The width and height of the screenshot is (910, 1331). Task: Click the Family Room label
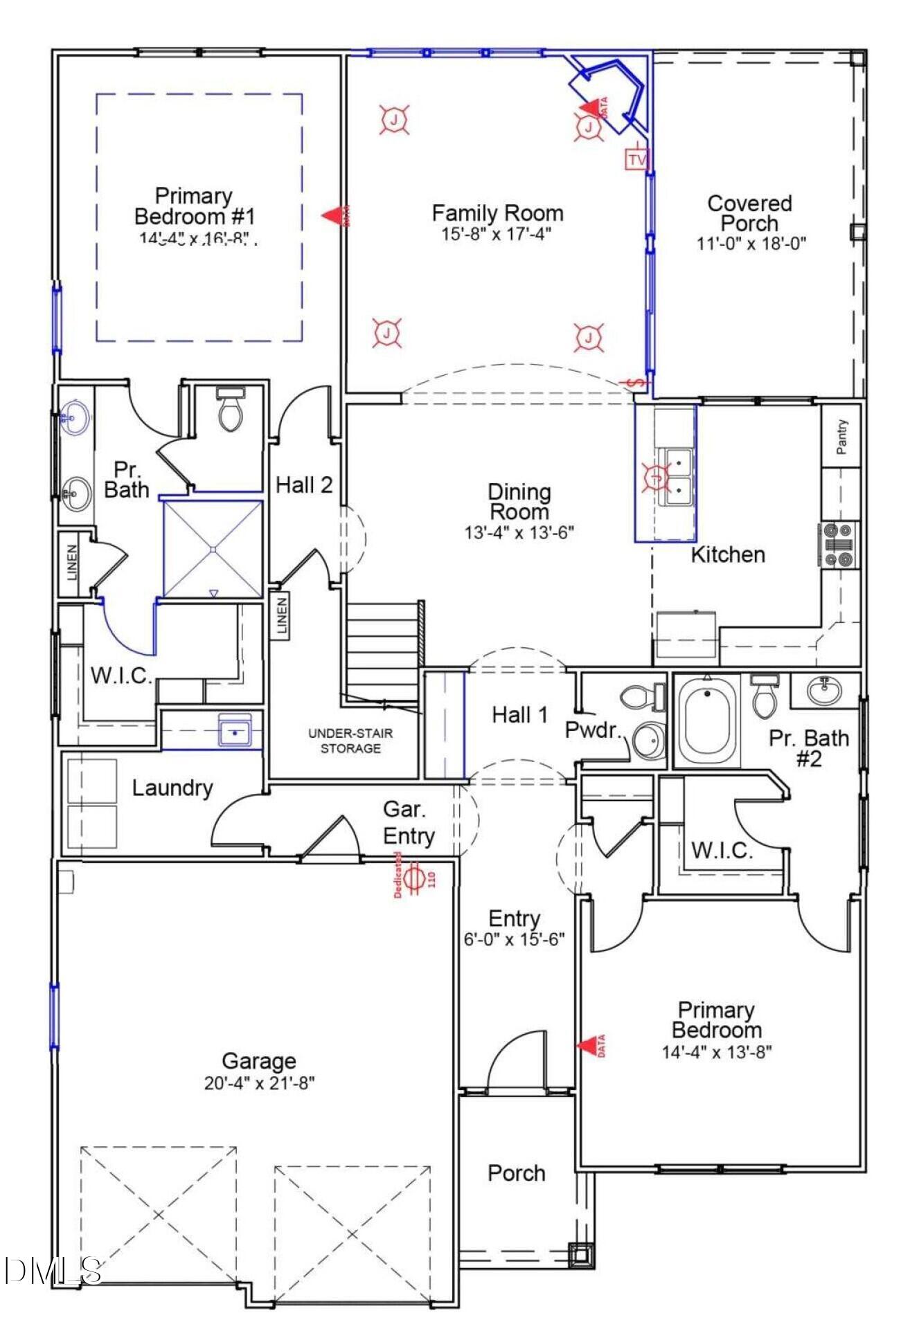tap(497, 212)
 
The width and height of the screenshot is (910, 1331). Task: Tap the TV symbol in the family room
tap(636, 160)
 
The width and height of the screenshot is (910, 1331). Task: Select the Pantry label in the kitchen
tap(841, 436)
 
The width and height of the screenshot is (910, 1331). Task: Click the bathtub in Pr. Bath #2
tap(707, 721)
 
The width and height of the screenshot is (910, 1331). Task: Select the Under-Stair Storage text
tap(350, 740)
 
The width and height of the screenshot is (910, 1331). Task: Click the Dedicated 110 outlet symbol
tap(415, 878)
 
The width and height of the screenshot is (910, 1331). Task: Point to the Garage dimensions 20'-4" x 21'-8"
tap(259, 1083)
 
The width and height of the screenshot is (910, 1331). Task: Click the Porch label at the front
tap(516, 1172)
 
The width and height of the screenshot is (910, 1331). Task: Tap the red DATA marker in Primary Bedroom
tap(591, 1045)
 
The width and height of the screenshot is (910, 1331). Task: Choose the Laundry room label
tap(172, 788)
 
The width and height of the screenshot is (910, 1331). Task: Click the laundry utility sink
tap(235, 731)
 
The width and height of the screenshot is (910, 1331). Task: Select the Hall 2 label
tap(304, 485)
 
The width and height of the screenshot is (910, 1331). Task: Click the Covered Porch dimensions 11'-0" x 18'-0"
tap(751, 244)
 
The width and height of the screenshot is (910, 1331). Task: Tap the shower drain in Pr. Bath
tap(213, 549)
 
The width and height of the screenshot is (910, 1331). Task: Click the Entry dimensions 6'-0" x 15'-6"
tap(514, 939)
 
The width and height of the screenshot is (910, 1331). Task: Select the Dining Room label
tap(519, 502)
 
